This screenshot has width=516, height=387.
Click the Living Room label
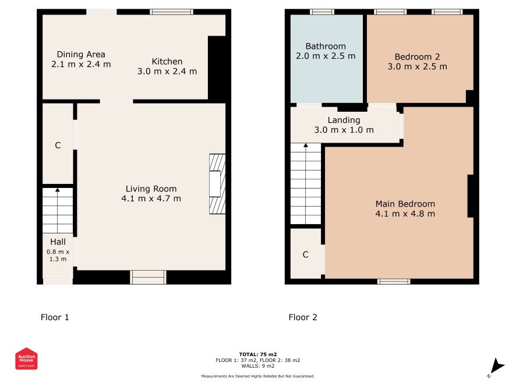tap(151, 189)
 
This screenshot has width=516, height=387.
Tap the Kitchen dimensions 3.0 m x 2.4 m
tap(167, 72)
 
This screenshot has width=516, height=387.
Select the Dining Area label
tap(81, 54)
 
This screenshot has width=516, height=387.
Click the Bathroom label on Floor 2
tap(326, 46)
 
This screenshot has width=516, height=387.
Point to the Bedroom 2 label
tap(417, 57)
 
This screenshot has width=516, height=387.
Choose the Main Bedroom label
tap(405, 204)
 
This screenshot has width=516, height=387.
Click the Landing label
tap(344, 120)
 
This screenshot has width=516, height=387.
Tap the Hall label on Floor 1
tap(58, 242)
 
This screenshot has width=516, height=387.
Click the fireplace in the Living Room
tap(217, 184)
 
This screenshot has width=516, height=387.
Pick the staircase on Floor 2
tap(305, 184)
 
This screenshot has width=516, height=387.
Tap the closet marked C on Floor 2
tap(306, 254)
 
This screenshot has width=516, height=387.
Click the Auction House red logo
tap(26, 358)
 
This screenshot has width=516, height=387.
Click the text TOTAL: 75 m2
tap(258, 354)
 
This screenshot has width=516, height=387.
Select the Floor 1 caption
tap(55, 317)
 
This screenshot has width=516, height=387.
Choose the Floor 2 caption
tap(303, 317)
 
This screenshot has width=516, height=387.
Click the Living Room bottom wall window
tap(148, 277)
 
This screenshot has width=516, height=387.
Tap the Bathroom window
tap(322, 12)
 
